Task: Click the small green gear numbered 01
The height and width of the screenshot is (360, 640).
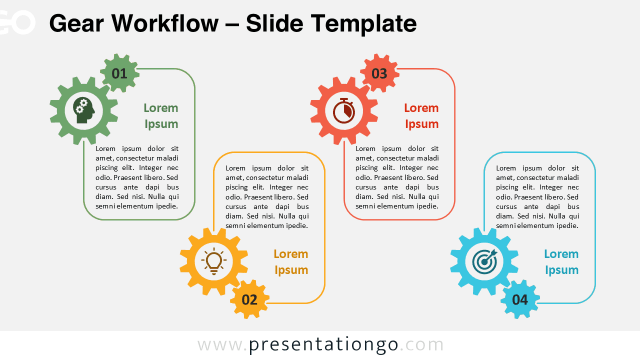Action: [119, 73]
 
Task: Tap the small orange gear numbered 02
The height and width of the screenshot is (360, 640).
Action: [249, 299]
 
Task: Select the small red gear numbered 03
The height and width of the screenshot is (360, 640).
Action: [379, 73]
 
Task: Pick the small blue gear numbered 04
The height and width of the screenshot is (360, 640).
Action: [520, 299]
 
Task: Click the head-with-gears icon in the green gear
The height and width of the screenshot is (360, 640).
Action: [83, 110]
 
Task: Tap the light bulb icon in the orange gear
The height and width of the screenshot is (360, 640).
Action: [213, 261]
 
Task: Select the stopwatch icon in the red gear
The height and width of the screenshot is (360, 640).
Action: [344, 110]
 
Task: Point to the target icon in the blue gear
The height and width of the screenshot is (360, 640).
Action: [484, 261]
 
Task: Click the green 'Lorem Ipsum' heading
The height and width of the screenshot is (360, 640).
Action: [161, 116]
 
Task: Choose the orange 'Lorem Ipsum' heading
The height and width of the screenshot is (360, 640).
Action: [291, 262]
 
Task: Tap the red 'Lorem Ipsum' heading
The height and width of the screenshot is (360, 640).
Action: [421, 116]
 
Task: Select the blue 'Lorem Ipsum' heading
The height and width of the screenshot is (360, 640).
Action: [561, 262]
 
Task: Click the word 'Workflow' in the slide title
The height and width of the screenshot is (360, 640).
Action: [165, 23]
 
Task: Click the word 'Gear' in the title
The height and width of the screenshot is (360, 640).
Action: [76, 23]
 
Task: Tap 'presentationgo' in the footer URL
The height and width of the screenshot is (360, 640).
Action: [323, 345]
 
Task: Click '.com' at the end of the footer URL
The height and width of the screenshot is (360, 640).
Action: [421, 345]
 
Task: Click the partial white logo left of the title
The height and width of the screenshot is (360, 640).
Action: [17, 22]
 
